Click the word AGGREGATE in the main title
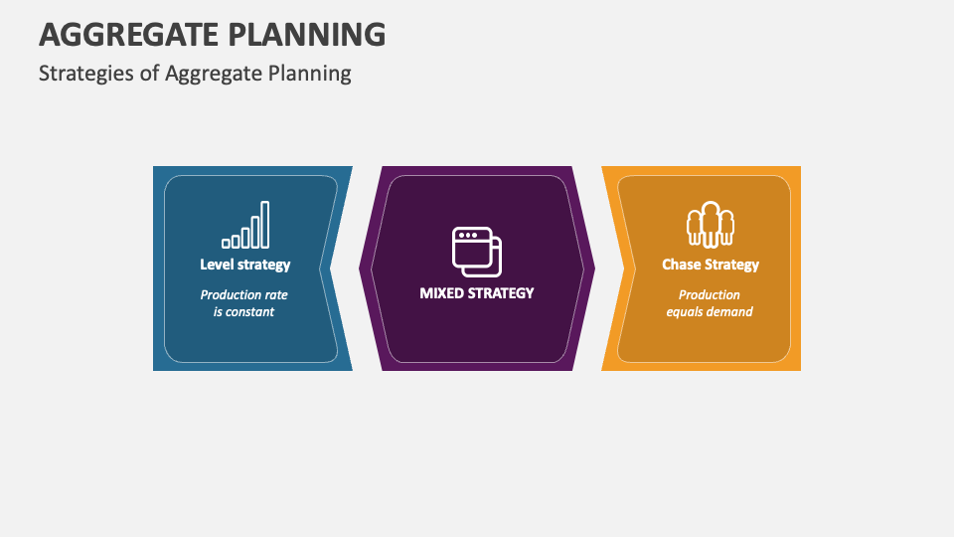131,34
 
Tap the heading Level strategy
245,265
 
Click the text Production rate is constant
244,303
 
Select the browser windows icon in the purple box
477,251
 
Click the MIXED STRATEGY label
477,292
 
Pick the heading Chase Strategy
711,265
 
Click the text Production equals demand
710,303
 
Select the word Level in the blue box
218,265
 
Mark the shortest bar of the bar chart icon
227,242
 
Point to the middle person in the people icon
710,222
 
